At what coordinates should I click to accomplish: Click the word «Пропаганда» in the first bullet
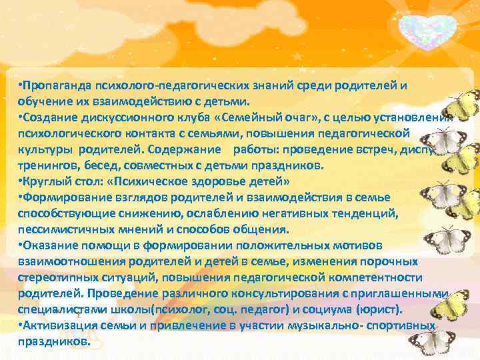(57, 85)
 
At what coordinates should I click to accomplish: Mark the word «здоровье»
(214, 181)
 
